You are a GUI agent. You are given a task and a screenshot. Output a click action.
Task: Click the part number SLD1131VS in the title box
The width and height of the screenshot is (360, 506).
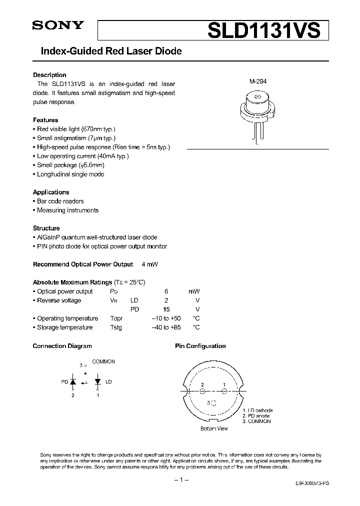[263, 30]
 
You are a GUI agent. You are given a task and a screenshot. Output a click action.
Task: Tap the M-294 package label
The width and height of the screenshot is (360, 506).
[258, 81]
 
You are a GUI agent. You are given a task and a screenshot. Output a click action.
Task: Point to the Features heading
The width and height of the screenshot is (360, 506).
[45, 120]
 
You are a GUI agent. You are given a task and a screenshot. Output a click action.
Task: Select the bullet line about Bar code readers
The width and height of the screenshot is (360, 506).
[60, 201]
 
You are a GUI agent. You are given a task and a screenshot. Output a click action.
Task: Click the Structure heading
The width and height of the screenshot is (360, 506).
[46, 228]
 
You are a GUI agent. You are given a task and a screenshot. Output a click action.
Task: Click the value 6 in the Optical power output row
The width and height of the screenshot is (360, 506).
[166, 291]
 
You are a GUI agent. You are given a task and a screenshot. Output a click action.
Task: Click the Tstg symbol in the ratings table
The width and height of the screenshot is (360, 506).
[116, 327]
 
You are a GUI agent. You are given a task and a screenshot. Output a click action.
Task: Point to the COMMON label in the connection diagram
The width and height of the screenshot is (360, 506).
[103, 361]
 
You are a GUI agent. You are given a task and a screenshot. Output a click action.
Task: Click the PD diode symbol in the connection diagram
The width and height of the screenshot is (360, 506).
[72, 382]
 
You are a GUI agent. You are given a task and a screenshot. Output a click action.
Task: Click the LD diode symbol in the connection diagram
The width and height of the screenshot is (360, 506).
[97, 382]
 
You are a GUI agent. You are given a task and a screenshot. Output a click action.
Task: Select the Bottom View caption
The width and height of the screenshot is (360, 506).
[214, 428]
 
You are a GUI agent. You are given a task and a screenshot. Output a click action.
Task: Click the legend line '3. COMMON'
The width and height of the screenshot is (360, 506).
[256, 421]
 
